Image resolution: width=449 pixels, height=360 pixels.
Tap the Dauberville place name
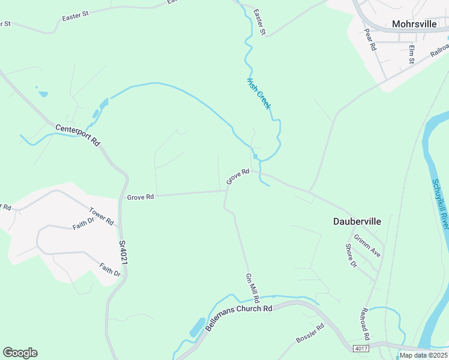tap(357, 221)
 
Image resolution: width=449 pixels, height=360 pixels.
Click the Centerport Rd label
tap(77, 136)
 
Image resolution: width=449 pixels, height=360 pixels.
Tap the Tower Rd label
tap(101, 216)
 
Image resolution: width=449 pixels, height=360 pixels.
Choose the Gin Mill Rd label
tap(252, 288)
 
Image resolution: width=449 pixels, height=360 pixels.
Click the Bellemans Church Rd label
tap(239, 319)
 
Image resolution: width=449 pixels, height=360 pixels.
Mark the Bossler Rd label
tap(310, 334)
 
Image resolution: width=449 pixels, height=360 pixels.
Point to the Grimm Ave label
tap(367, 245)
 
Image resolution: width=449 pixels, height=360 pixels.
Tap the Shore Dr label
tap(351, 256)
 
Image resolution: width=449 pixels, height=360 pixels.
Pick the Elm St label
tap(412, 54)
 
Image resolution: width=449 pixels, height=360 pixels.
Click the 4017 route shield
tap(361, 349)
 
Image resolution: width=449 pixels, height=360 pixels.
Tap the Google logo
tap(20, 353)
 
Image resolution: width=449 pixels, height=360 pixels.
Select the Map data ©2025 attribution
tap(423, 355)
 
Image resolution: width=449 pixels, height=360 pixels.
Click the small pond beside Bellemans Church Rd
tap(196, 328)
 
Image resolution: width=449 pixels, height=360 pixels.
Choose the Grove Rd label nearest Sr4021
tap(141, 197)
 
